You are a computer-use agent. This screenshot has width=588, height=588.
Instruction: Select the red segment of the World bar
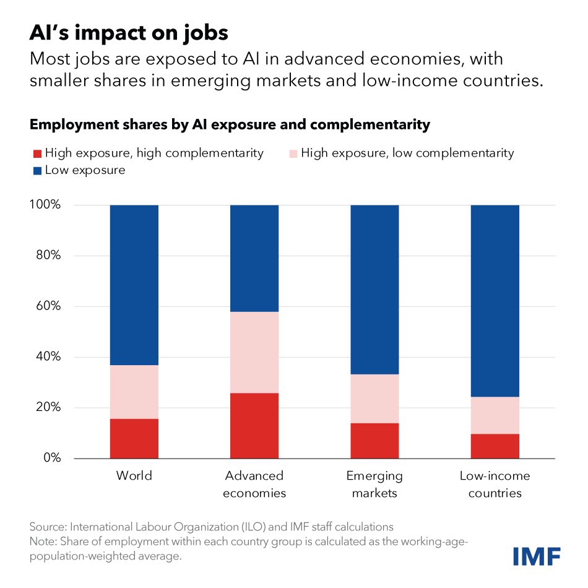(134, 438)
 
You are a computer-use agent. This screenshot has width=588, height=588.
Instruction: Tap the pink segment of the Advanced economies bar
(254, 352)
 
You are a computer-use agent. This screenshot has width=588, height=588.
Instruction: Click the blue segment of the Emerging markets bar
(374, 289)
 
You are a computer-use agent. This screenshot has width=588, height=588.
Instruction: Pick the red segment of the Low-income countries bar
(495, 446)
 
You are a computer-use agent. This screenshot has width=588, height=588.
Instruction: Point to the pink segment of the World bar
(134, 391)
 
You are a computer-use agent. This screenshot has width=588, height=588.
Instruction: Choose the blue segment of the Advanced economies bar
(254, 257)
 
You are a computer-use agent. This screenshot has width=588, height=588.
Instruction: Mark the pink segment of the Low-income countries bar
(495, 415)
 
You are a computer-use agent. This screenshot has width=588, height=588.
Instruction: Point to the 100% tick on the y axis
(46, 205)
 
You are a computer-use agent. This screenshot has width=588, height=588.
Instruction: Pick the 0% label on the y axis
(52, 458)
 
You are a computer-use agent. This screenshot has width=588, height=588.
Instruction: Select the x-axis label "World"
(134, 476)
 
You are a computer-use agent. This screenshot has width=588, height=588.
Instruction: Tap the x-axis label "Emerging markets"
(374, 485)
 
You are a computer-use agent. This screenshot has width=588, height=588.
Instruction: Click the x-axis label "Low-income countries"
(495, 485)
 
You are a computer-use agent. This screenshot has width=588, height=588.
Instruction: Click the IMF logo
(537, 555)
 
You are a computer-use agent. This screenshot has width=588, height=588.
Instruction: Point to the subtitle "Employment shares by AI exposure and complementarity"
(230, 124)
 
